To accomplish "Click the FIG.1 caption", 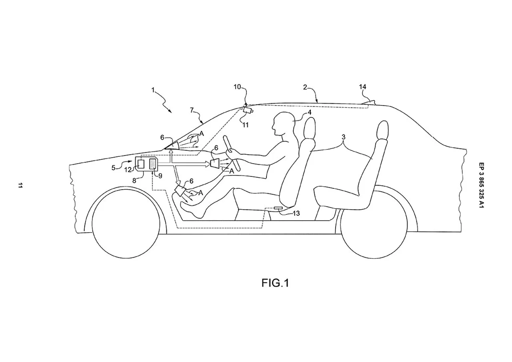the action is (x=275, y=283).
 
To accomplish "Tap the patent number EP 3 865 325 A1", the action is (x=481, y=185).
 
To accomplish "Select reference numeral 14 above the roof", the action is (x=362, y=87).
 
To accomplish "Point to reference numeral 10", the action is (x=237, y=87).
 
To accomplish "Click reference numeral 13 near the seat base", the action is (x=296, y=214).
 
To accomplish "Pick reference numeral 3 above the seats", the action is (x=343, y=137).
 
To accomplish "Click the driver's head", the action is (x=283, y=124).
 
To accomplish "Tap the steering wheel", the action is (x=232, y=153).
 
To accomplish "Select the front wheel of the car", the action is (x=126, y=223).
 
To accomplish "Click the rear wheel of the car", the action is (x=374, y=223).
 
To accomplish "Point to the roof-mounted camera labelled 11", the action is (x=248, y=110).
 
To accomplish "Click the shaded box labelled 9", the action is (x=153, y=164).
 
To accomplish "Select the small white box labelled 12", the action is (x=141, y=164).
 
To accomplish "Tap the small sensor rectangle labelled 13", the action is (x=278, y=208).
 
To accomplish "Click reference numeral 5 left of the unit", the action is (x=113, y=168).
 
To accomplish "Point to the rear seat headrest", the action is (x=383, y=130).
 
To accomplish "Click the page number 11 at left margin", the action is (x=20, y=185).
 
